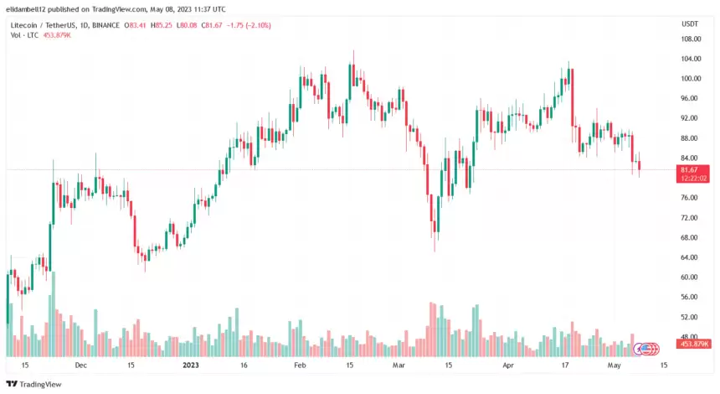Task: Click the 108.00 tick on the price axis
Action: click(691, 39)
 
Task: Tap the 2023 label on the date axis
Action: click(191, 365)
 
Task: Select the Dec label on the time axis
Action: click(80, 365)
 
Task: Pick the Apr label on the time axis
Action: click(507, 365)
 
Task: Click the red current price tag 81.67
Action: click(694, 170)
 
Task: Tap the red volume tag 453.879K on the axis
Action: click(696, 345)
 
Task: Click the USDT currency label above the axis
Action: click(691, 24)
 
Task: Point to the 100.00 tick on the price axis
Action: click(691, 79)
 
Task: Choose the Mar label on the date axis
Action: click(399, 365)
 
